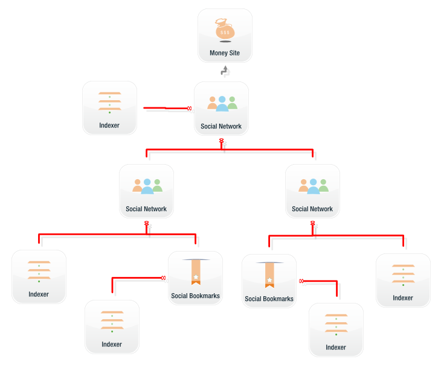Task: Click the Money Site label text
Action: pos(225,53)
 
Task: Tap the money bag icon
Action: pos(225,29)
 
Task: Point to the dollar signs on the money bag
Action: pos(225,33)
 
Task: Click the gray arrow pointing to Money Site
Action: pos(225,71)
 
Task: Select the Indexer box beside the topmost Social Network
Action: pos(109,107)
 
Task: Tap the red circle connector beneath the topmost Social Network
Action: pos(222,141)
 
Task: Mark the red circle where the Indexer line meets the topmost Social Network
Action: pos(189,109)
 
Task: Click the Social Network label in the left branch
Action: pos(146,209)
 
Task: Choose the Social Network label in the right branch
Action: pos(312,209)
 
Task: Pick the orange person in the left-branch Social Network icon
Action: pos(138,186)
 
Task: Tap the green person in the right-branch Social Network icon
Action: pos(323,186)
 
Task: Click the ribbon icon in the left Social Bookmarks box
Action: pos(196,272)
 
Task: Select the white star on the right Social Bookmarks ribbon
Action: pos(269,280)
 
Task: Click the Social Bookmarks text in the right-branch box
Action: pos(269,299)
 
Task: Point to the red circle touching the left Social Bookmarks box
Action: pos(163,278)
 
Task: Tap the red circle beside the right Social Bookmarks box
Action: pos(301,281)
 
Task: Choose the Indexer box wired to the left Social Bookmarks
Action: pos(112,326)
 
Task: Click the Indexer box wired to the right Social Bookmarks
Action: pos(336,329)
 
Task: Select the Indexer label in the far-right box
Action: pos(403,298)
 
